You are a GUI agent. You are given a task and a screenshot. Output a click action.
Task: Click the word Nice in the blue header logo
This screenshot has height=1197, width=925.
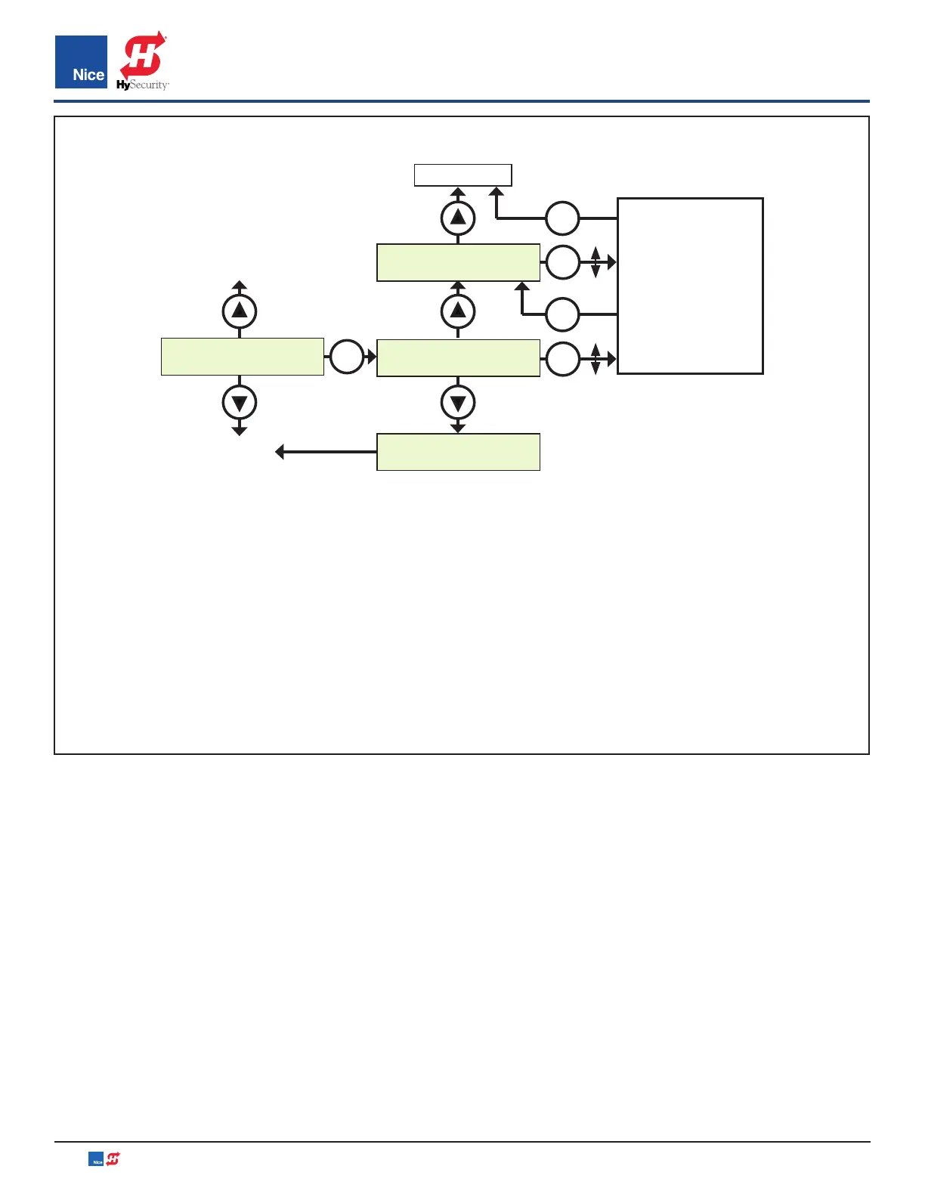click(88, 75)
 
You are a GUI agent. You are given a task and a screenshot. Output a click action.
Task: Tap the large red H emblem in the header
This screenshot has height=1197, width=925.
click(143, 54)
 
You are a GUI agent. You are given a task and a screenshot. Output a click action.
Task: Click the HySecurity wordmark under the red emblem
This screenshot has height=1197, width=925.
click(143, 85)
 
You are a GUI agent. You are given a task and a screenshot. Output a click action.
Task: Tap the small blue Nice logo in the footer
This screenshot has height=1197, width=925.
click(96, 1159)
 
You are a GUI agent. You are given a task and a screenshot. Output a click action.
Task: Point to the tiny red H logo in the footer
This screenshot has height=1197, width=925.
click(113, 1158)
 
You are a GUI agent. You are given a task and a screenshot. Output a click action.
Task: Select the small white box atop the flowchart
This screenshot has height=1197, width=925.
click(462, 175)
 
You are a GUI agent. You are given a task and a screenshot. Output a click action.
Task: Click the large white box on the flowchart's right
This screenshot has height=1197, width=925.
click(690, 286)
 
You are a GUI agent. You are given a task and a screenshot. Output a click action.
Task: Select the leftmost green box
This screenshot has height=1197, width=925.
click(243, 357)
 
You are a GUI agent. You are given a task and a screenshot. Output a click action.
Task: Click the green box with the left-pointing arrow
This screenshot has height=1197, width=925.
click(458, 452)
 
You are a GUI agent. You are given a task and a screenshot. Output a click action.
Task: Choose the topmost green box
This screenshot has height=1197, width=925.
click(458, 263)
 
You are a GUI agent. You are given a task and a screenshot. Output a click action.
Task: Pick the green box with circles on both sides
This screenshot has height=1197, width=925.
click(458, 358)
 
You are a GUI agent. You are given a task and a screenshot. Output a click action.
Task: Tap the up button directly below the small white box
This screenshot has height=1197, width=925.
click(458, 218)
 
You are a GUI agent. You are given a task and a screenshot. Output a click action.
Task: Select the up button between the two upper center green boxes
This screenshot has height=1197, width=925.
click(458, 311)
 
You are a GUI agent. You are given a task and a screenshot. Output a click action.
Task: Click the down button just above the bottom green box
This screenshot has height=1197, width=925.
click(458, 403)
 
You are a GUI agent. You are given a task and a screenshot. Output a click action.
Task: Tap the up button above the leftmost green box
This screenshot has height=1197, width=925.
click(240, 311)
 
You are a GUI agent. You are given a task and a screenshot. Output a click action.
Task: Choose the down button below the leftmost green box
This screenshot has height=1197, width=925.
click(240, 403)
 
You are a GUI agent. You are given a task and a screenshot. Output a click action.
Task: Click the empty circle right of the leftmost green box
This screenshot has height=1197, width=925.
click(347, 357)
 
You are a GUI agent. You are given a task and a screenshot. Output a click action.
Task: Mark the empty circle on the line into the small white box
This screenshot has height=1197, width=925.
click(562, 218)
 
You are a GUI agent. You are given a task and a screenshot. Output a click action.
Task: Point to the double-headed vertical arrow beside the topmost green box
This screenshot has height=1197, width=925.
click(596, 262)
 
